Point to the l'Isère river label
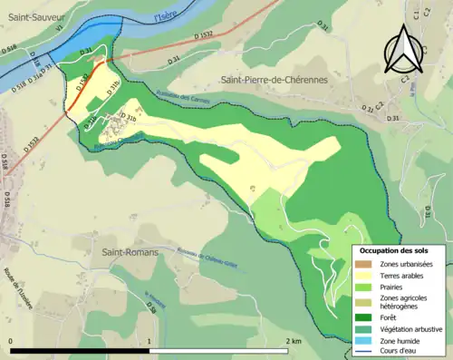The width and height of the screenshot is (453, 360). pos(166,15)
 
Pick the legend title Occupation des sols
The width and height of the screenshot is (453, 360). pos(395,250)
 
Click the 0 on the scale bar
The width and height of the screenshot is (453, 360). pos(11,341)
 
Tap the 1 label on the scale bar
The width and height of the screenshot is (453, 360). pos(149,341)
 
